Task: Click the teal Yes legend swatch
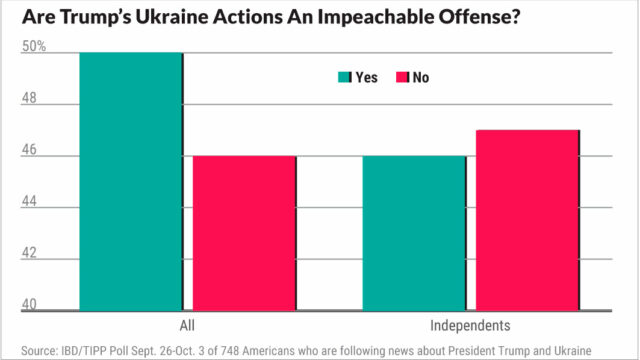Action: coord(344,76)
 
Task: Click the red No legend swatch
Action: coord(403,76)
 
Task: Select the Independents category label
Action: coord(468,326)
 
